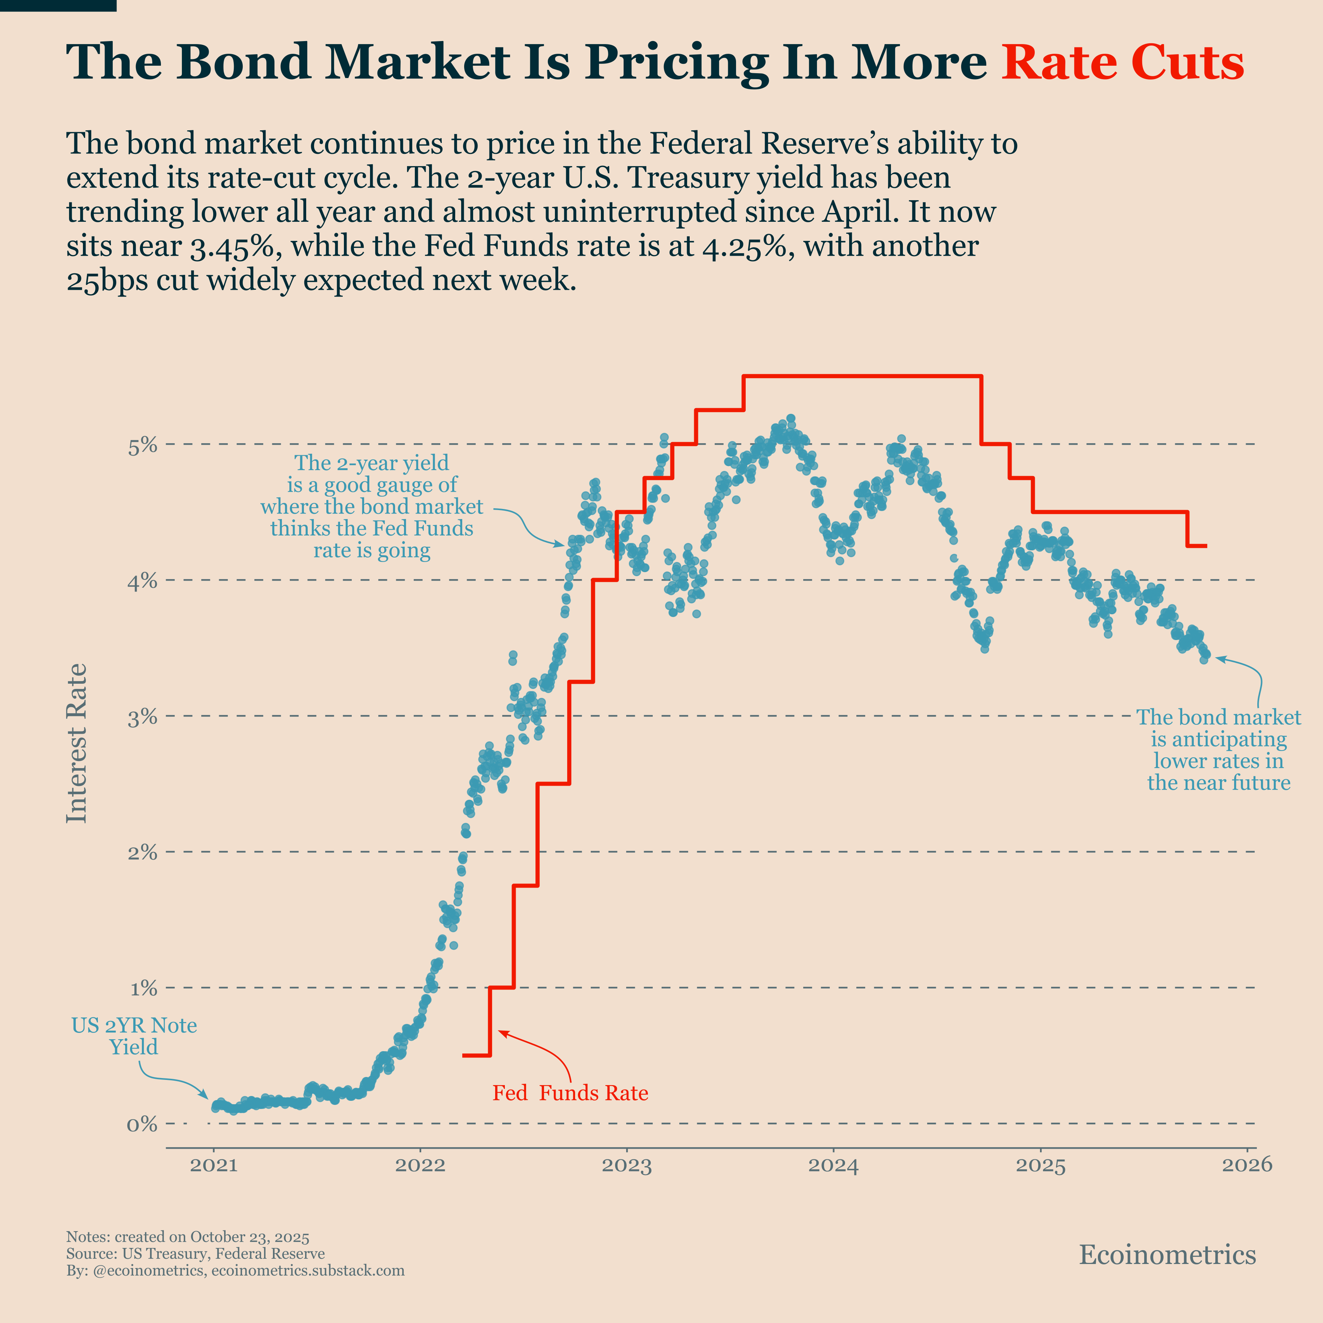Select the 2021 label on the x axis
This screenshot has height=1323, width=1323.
[x=214, y=1165]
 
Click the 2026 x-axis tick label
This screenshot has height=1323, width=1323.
[x=1247, y=1165]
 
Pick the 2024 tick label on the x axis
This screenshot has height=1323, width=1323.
[x=833, y=1165]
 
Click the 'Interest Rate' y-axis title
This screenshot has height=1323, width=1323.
[x=77, y=743]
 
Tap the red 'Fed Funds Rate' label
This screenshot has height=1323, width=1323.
[x=570, y=1093]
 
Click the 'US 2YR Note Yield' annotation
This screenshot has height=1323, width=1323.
[x=134, y=1036]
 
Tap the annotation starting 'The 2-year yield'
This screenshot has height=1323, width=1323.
[x=372, y=507]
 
